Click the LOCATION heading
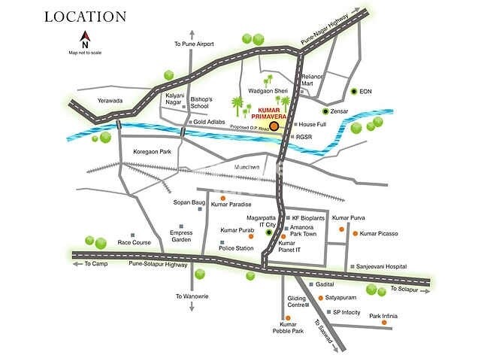(x=83, y=16)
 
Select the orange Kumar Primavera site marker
(x=274, y=126)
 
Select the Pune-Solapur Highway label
(x=158, y=265)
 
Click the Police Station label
(x=235, y=247)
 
